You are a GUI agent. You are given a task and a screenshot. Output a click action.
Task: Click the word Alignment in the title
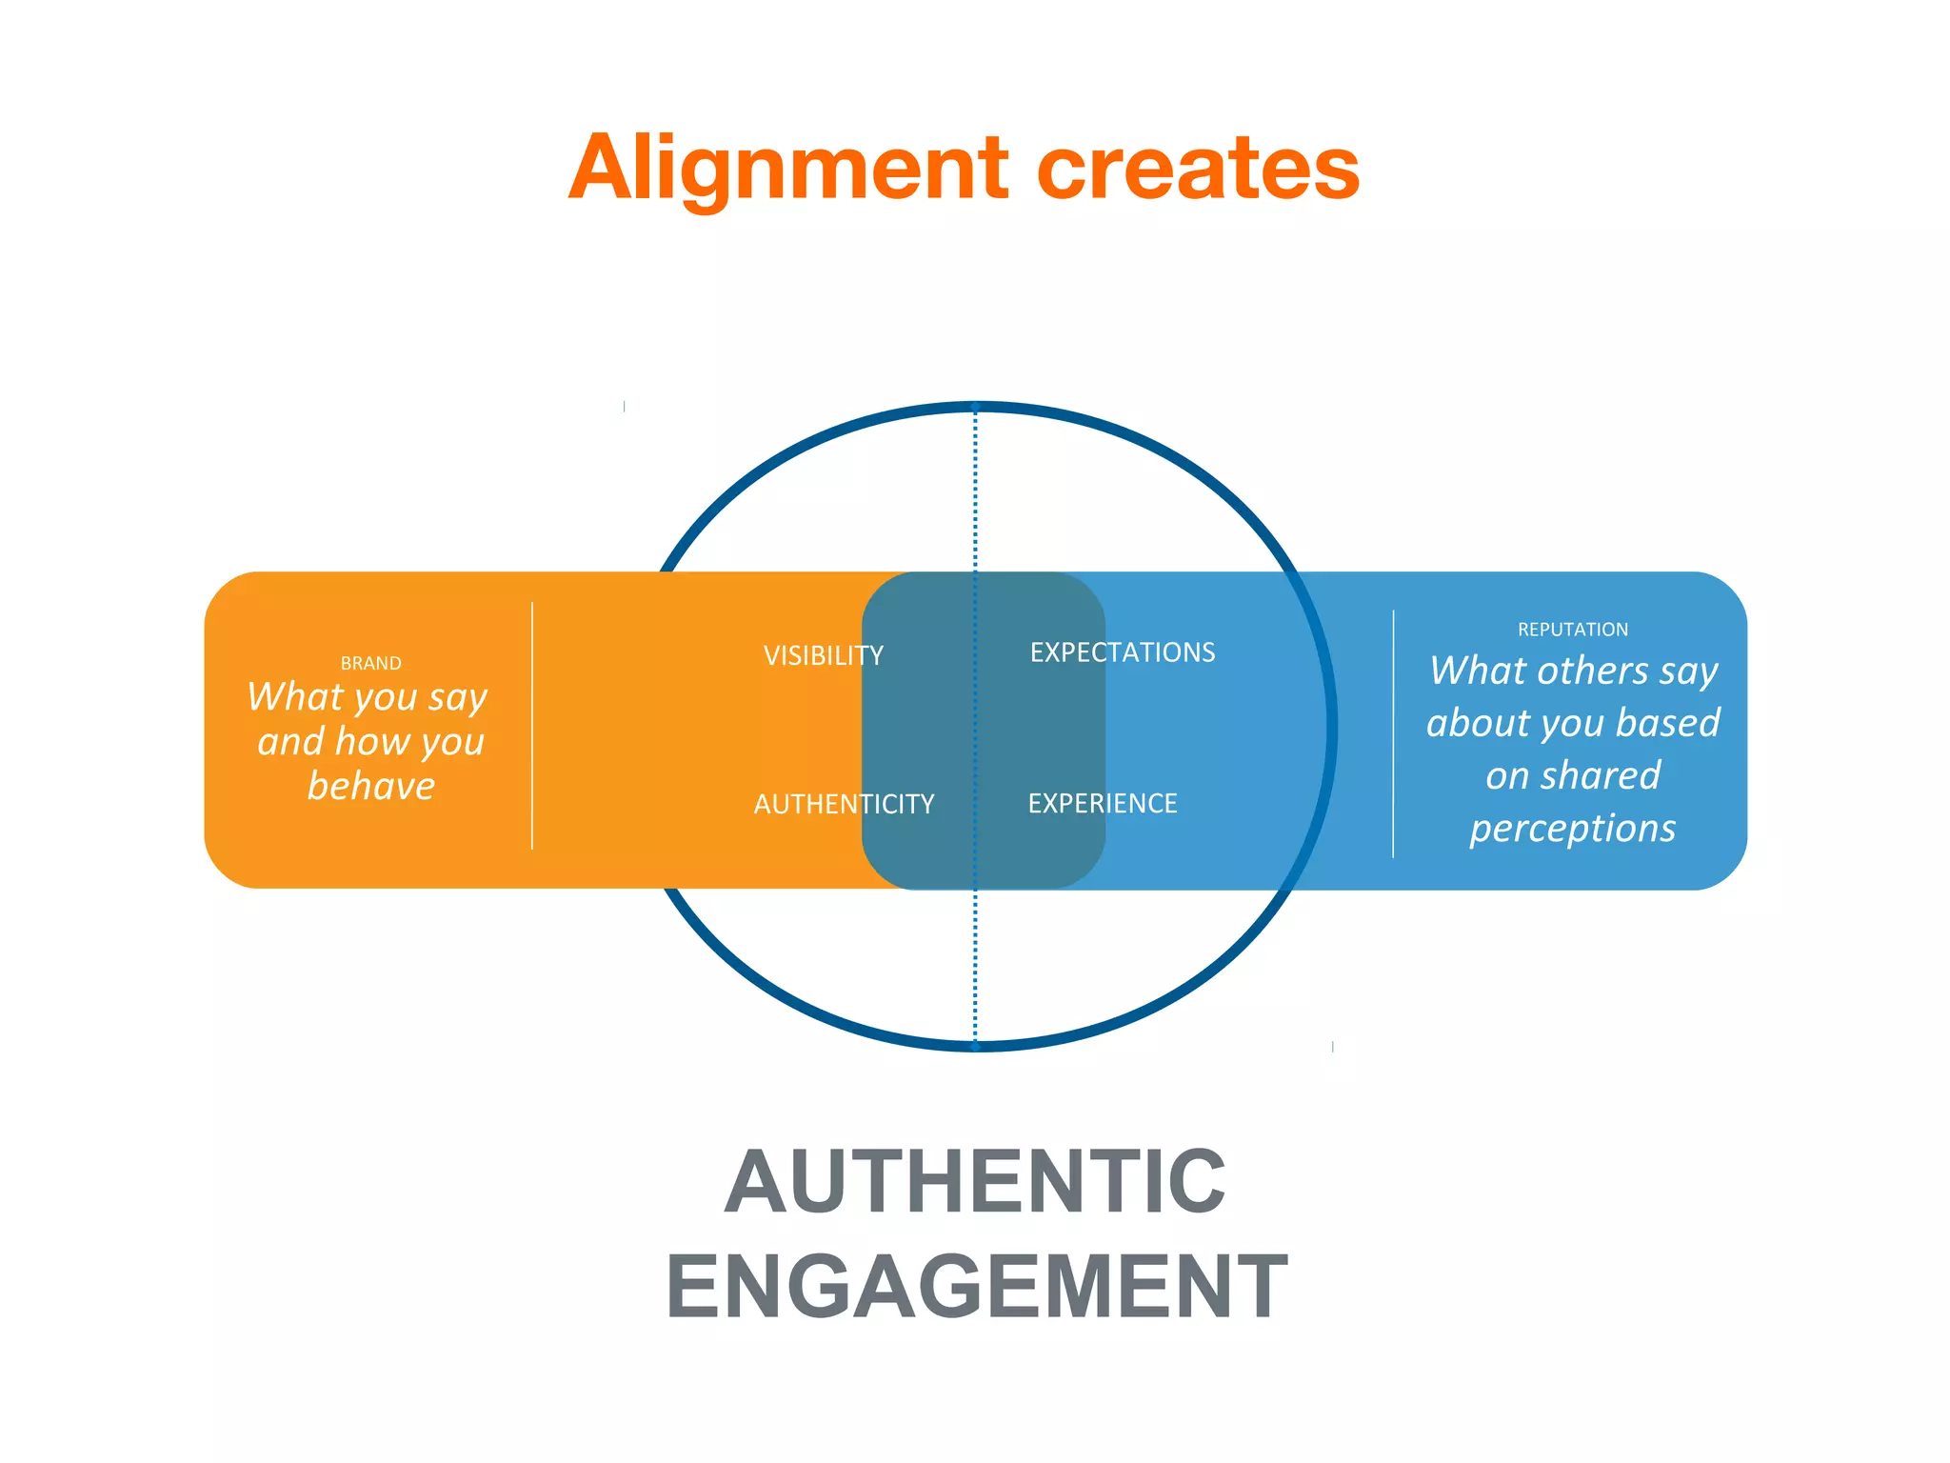(788, 170)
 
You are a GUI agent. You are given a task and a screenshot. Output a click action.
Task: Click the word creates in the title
(1198, 170)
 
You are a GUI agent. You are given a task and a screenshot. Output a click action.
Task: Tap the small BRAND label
(370, 663)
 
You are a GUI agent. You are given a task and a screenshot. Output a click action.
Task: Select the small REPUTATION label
(1572, 630)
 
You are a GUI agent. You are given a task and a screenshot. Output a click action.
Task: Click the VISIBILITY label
(823, 655)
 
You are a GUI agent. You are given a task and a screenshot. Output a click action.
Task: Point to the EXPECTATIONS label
(1122, 652)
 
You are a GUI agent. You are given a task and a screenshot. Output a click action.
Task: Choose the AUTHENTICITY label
(844, 804)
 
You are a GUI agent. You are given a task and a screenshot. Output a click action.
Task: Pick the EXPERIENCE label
(1102, 803)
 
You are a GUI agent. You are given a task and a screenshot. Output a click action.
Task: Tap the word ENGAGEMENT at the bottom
(976, 1287)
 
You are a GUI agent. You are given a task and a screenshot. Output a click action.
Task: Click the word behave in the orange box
(370, 786)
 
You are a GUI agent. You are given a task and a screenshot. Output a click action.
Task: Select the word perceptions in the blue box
(1572, 828)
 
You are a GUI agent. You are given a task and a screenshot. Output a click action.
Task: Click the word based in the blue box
(1667, 723)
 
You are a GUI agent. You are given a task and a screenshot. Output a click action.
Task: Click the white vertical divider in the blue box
(1393, 733)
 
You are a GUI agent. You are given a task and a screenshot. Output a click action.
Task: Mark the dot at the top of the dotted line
(975, 408)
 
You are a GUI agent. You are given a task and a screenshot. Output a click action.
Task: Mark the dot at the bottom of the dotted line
(975, 1046)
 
